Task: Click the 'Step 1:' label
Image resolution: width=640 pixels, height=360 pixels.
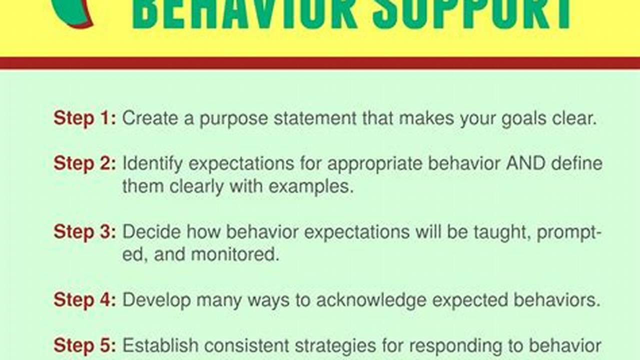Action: tap(85, 118)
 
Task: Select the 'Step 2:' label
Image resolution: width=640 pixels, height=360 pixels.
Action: tap(85, 164)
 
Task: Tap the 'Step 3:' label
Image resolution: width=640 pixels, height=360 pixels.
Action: tap(85, 232)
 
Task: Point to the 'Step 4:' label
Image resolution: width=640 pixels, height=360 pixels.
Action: tap(85, 300)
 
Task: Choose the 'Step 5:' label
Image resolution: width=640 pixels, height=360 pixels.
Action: tap(85, 345)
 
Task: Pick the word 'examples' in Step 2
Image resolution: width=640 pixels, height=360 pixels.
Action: tap(311, 186)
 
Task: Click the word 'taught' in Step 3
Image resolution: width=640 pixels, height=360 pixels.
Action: tap(502, 232)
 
